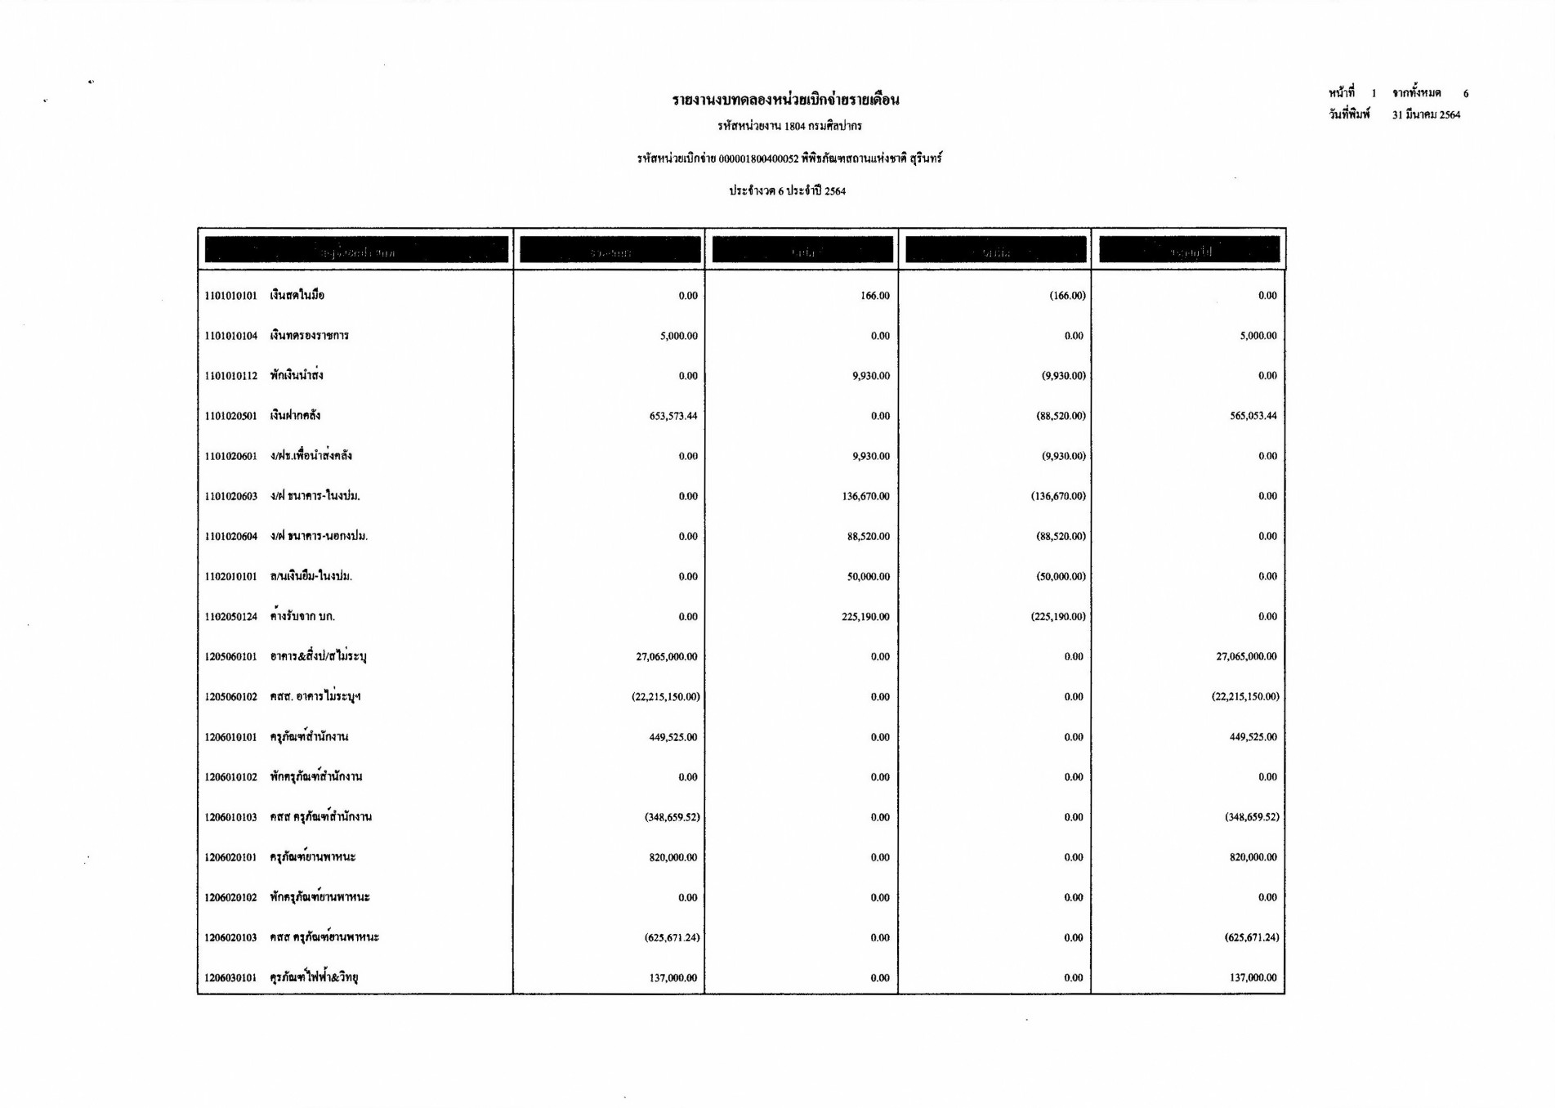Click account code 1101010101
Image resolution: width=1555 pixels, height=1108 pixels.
point(230,296)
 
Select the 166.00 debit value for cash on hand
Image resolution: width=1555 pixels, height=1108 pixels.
point(874,296)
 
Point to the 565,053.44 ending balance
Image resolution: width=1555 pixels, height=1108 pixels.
point(1253,416)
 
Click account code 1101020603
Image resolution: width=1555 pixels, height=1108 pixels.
point(230,497)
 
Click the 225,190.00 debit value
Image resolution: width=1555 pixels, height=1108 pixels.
point(865,617)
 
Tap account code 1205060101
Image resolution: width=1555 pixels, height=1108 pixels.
point(230,657)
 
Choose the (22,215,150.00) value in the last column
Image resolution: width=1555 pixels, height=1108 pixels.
point(1245,697)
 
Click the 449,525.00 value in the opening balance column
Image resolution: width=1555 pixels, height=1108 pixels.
point(673,737)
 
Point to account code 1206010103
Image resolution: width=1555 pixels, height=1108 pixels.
point(230,817)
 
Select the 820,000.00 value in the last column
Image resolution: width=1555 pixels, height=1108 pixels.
point(1253,857)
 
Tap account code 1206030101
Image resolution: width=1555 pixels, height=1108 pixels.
point(230,978)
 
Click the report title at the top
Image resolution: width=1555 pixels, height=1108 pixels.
point(785,101)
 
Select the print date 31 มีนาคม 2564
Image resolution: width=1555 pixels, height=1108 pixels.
point(1426,115)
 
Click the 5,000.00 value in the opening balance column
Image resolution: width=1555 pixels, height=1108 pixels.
point(678,336)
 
